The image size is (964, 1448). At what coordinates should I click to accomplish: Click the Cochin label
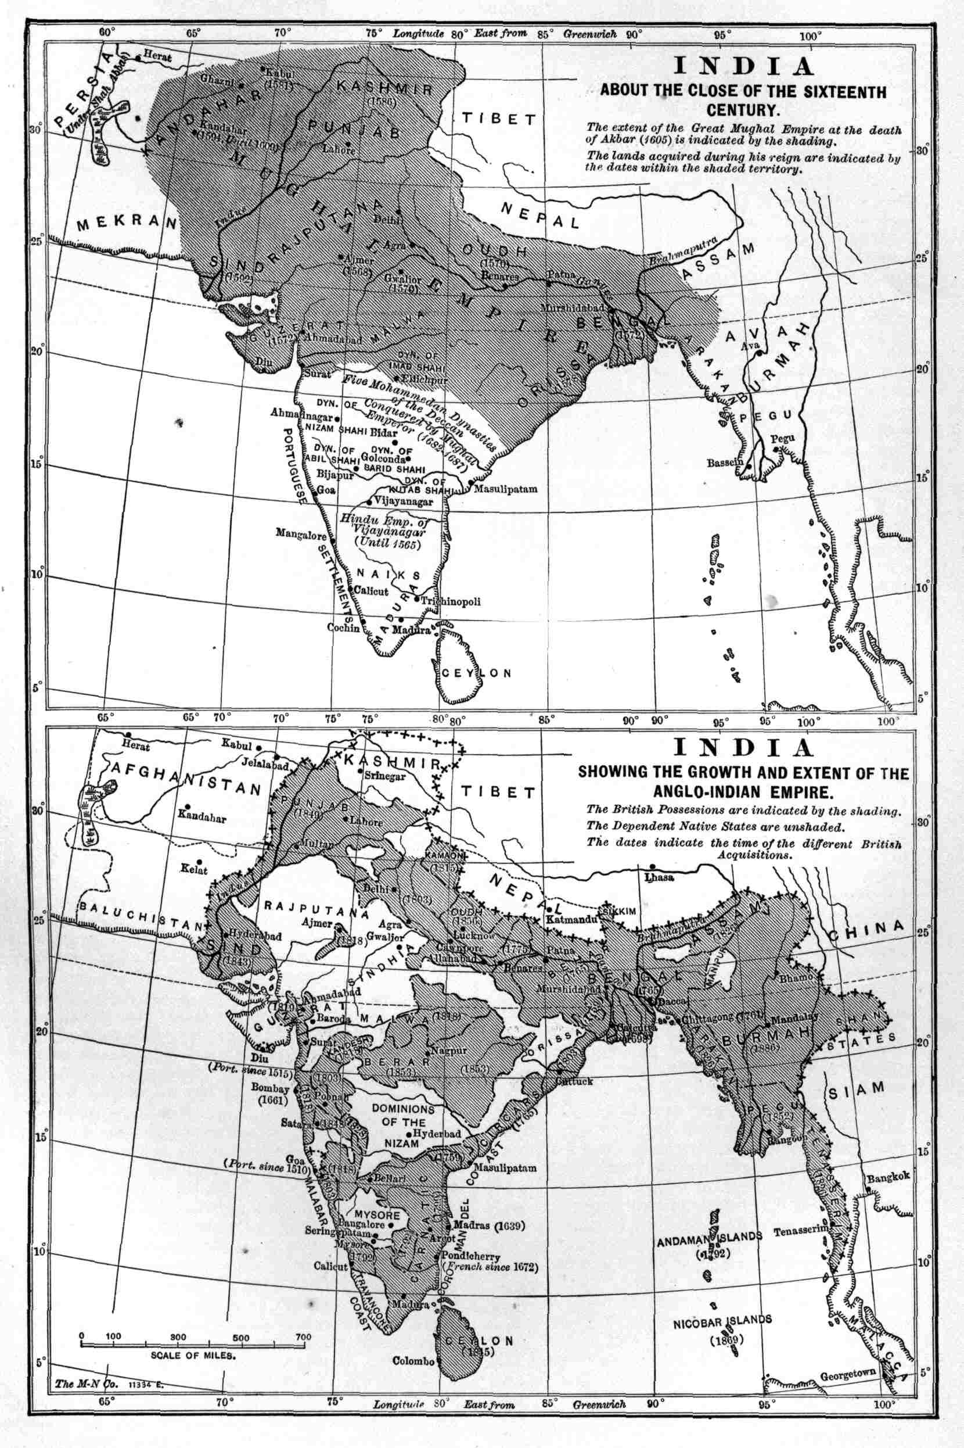(343, 628)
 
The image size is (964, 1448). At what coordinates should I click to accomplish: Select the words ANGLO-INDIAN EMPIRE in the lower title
(743, 790)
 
